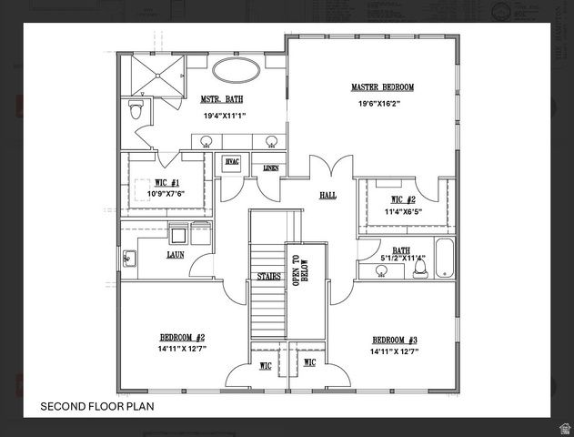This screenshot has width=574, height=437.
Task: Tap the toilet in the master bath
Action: [136, 110]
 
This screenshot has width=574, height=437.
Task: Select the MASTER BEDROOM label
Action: [382, 87]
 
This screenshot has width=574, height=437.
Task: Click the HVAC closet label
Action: [232, 161]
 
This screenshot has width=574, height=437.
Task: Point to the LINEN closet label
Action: [270, 168]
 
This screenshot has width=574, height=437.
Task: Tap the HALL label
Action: [327, 195]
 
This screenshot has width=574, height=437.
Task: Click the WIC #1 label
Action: [166, 183]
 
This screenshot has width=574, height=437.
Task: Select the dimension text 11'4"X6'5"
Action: [402, 212]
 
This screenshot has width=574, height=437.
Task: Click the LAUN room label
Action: [176, 256]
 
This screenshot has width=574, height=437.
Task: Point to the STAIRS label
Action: [267, 276]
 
